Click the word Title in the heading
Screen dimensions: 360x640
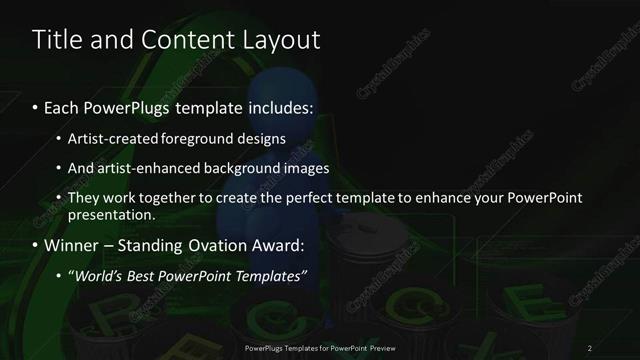pyautogui.click(x=56, y=41)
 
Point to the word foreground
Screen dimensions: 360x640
pyautogui.click(x=210, y=138)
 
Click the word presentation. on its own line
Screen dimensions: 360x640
pyautogui.click(x=111, y=215)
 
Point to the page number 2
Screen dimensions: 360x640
pyautogui.click(x=590, y=347)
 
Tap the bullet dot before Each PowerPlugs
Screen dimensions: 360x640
pyautogui.click(x=37, y=107)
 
